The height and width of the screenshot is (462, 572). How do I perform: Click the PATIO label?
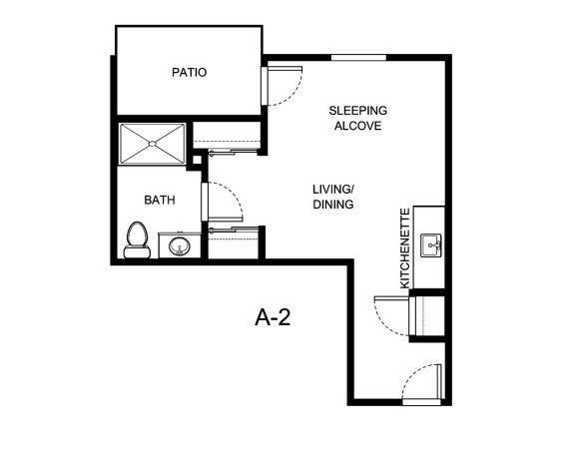pos(189,72)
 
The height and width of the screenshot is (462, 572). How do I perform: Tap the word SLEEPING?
pos(357,111)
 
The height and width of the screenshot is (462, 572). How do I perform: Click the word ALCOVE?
pos(357,126)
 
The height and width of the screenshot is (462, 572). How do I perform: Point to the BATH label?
pos(160,200)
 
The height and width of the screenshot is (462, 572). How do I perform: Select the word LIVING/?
pos(333,190)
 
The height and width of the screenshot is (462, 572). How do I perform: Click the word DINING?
pos(333,205)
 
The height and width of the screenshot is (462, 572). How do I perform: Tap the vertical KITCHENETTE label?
pos(405,247)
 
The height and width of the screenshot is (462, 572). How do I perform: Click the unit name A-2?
pos(273,317)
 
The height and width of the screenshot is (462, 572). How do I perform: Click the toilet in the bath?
pos(137,239)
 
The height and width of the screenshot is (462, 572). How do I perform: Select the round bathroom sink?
pos(179,246)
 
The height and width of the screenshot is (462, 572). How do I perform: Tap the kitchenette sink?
pos(431,245)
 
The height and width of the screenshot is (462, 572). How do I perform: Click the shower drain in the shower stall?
pos(153,144)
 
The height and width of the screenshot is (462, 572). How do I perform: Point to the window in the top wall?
pos(358,58)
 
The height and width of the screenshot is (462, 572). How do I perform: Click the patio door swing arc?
pos(292,96)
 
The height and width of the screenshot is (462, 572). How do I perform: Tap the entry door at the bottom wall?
pos(422,402)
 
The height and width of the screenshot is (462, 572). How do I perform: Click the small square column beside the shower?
pos(197,160)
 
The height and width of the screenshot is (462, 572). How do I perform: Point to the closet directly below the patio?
pos(227,135)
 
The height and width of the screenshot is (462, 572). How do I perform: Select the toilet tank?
pos(137,252)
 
